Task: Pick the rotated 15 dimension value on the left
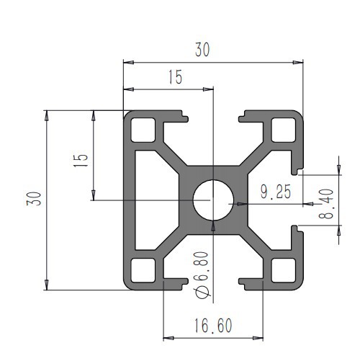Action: (x=80, y=159)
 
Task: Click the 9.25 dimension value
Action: (x=275, y=192)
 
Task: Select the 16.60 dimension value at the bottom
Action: (x=212, y=326)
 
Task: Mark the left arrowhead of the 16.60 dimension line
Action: (x=168, y=337)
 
